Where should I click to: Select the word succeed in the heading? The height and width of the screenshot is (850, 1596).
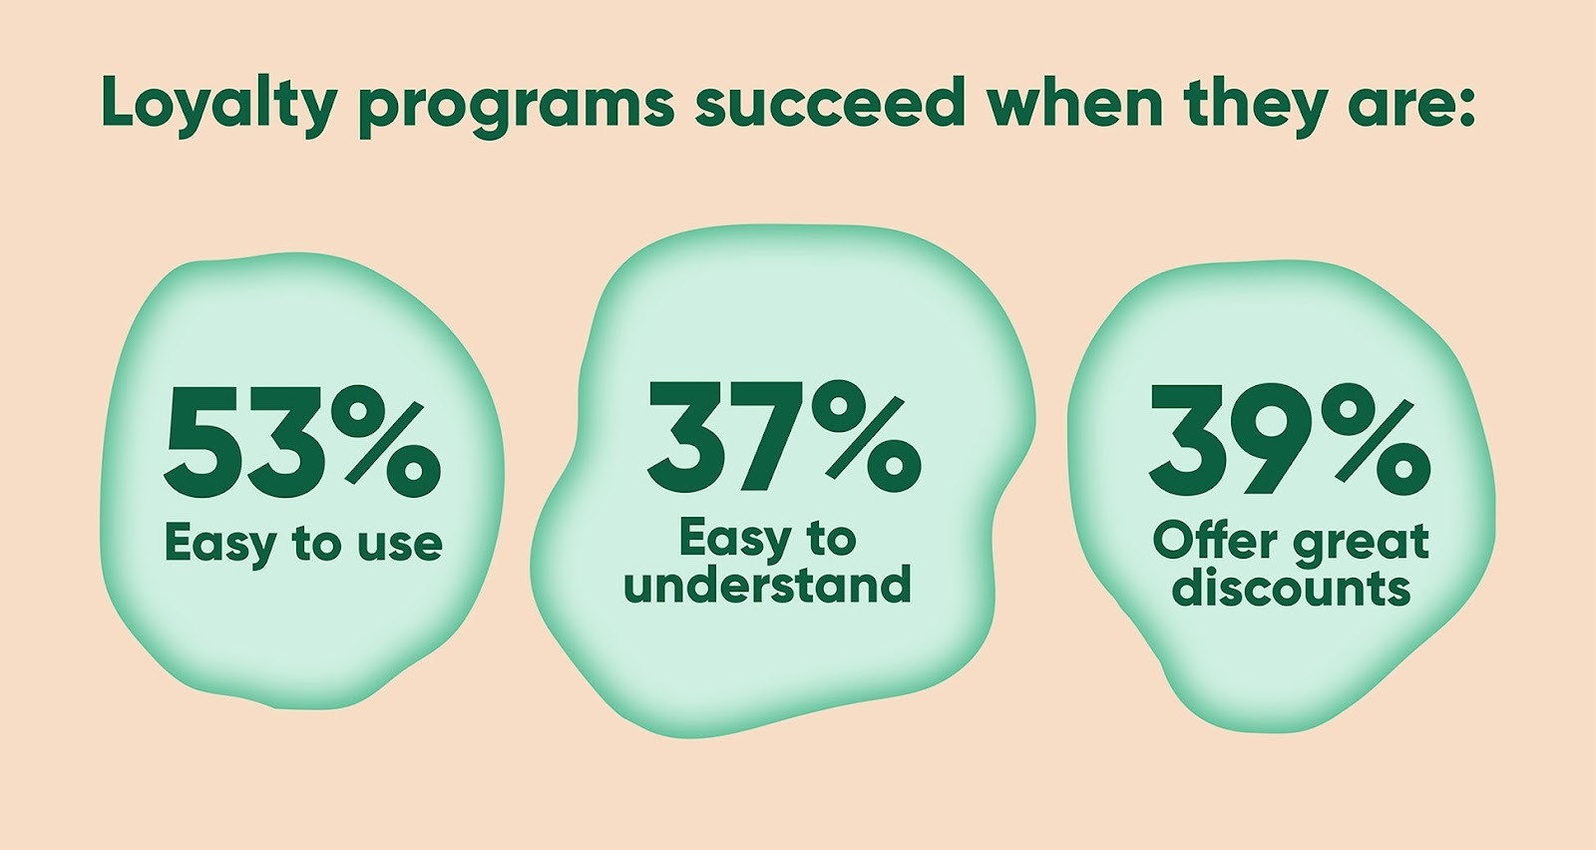(829, 101)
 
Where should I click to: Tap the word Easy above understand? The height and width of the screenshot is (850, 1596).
(727, 541)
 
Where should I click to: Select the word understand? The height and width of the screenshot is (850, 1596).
(767, 585)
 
